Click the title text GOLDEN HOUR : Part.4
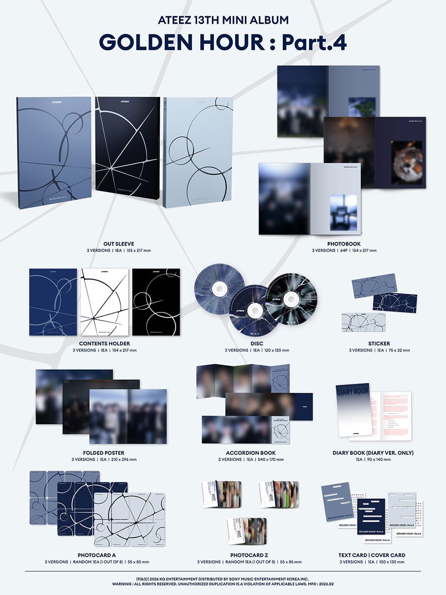click(x=223, y=42)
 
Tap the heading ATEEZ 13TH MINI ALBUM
click(x=223, y=20)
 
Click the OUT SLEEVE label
click(x=119, y=244)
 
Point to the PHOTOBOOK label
click(x=344, y=244)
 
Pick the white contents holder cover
click(x=104, y=302)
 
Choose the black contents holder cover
click(x=156, y=302)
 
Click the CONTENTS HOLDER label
click(x=104, y=344)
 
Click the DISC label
click(x=257, y=344)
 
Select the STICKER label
click(x=379, y=344)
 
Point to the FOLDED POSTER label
click(x=104, y=453)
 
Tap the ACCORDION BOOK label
click(x=251, y=453)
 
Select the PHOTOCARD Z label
click(x=249, y=555)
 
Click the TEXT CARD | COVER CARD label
click(x=372, y=555)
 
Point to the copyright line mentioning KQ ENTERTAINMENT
click(x=223, y=579)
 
